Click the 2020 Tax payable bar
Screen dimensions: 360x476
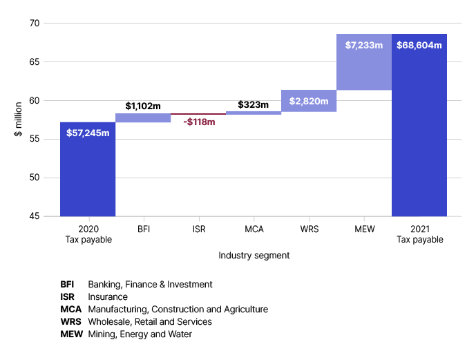point(88,169)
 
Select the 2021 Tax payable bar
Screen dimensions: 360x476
point(419,125)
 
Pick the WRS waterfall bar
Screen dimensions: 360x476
point(309,101)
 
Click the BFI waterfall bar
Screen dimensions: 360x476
point(143,118)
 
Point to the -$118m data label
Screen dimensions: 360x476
point(199,122)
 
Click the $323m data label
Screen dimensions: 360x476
point(253,105)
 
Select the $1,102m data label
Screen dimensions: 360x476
point(143,106)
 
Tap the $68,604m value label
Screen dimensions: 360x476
point(419,46)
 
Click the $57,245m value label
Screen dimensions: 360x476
point(88,133)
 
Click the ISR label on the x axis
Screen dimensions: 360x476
point(198,229)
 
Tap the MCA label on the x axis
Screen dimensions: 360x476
point(253,229)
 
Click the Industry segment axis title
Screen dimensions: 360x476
point(254,256)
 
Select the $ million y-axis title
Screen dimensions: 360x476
point(18,118)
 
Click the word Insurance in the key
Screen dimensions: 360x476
point(108,297)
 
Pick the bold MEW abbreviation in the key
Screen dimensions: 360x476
point(72,334)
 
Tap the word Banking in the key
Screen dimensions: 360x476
point(104,285)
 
